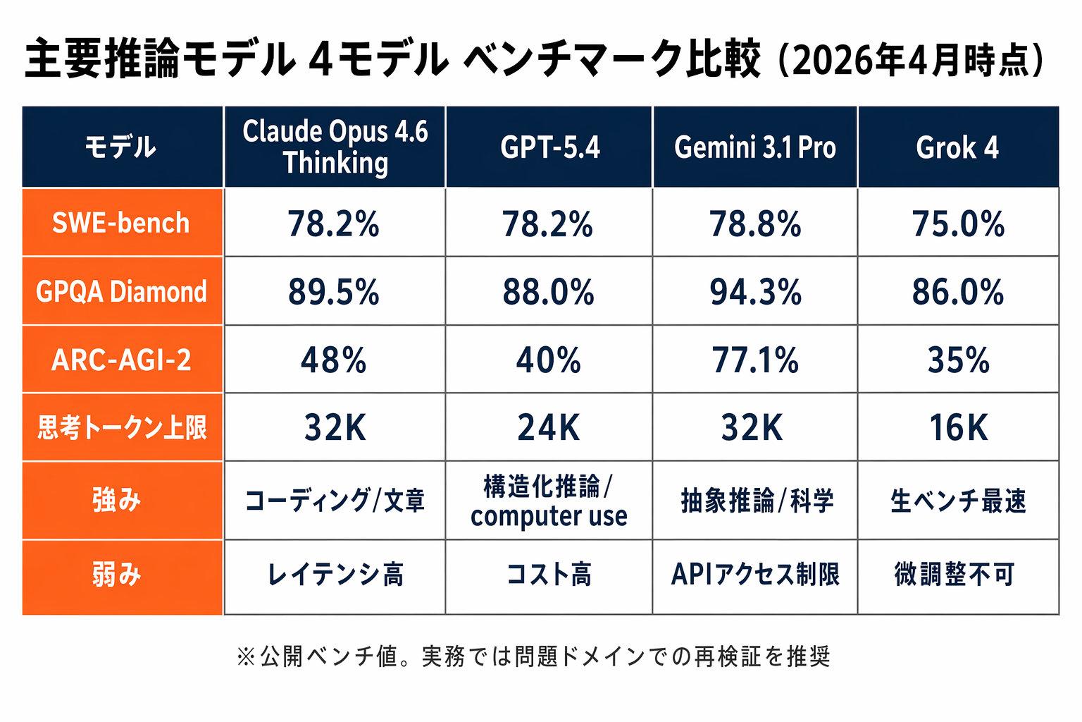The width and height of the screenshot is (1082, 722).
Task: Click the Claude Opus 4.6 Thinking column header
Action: pos(335,147)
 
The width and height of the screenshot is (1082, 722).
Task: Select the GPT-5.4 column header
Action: pos(549,147)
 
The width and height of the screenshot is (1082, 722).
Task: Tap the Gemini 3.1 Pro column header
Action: pos(755,147)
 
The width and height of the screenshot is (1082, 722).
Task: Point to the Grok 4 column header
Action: pos(957,147)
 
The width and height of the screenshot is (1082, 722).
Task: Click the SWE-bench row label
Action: pos(121,223)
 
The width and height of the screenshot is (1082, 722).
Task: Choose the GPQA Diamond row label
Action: pos(121,291)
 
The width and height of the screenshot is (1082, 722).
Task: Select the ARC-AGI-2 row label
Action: pos(121,360)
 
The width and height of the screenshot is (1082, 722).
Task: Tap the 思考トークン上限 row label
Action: pos(121,428)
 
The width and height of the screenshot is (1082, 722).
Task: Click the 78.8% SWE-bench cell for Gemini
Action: pos(755,224)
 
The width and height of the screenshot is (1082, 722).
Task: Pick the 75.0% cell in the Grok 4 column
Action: pos(958,224)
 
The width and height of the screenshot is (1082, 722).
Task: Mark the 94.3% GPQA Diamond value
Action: pos(755,292)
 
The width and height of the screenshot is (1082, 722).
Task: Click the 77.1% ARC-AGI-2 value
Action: pos(755,360)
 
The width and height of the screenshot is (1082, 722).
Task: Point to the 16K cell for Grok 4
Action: pos(958,428)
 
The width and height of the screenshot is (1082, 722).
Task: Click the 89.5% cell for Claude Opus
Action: pos(334,292)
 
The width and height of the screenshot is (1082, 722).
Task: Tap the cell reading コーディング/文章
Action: pos(335,501)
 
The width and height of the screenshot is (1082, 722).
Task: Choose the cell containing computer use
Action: pos(549,516)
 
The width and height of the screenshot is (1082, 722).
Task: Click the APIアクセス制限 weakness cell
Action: pos(755,575)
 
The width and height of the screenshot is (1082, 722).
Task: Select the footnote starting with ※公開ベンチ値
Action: pos(534,656)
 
